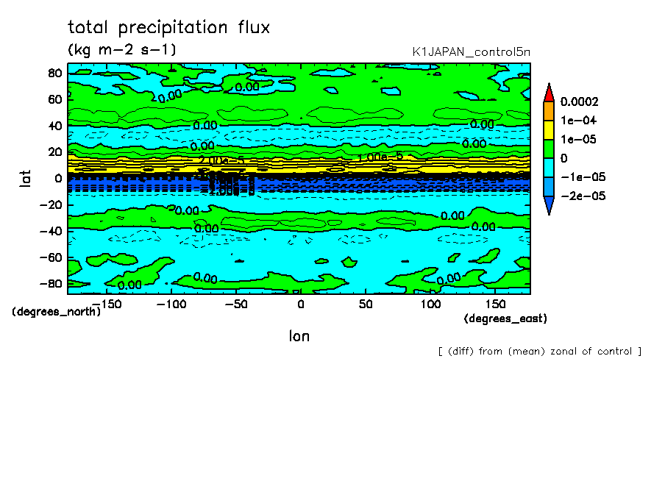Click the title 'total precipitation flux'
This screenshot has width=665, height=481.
168,28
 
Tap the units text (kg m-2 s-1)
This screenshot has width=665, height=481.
121,50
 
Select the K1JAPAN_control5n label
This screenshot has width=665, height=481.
472,51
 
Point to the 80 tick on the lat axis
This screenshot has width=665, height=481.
54,72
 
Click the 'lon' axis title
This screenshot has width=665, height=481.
299,336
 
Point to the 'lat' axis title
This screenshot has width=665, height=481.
25,177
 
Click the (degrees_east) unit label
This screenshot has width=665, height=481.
505,318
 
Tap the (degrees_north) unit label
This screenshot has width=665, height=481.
56,311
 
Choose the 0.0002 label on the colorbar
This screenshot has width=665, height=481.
579,101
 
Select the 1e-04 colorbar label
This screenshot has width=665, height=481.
577,120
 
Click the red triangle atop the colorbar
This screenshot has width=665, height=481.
548,93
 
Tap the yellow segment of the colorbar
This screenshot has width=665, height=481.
548,129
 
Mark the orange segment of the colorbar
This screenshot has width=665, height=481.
548,111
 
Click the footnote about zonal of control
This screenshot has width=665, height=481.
539,351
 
